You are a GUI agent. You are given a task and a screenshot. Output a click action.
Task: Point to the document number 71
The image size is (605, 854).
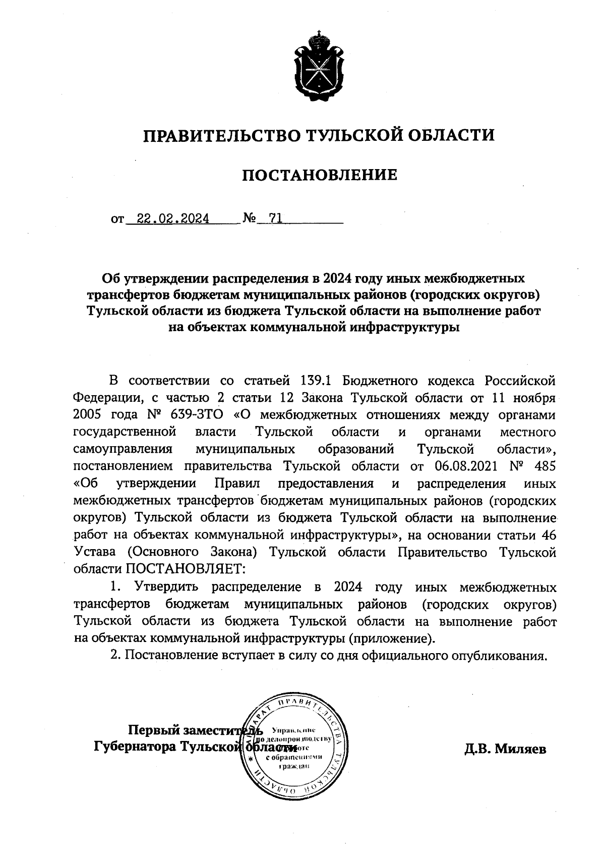(276, 219)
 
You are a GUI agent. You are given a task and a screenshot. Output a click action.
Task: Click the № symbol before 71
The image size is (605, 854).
(250, 219)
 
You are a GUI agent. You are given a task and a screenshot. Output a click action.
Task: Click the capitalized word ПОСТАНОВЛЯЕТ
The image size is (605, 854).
(185, 569)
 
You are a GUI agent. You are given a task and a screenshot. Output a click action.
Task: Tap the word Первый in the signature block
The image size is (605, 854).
(153, 730)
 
